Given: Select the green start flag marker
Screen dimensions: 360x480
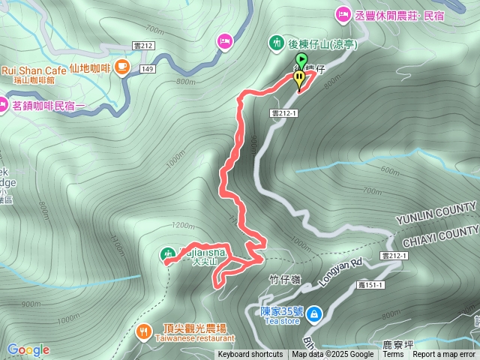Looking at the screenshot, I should (x=301, y=60).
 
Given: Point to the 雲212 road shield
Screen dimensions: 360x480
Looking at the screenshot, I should (x=142, y=46).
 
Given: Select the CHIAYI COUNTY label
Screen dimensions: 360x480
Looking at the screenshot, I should (x=440, y=237).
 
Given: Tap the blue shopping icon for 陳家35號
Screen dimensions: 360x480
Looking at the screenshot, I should (x=316, y=311).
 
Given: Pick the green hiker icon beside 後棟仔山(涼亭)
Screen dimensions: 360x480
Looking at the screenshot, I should (x=277, y=43).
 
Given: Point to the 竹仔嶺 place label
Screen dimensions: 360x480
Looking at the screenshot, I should (x=283, y=280).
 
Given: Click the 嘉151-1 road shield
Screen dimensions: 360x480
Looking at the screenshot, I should (x=370, y=285).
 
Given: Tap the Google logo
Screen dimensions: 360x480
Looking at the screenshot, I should (x=28, y=349).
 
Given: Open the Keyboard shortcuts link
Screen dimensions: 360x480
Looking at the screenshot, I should (x=250, y=355).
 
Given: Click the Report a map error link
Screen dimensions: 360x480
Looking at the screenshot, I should (x=445, y=355).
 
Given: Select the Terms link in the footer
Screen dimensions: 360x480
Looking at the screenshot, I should (x=393, y=355).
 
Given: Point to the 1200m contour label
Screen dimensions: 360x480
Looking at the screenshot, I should (x=182, y=225).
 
